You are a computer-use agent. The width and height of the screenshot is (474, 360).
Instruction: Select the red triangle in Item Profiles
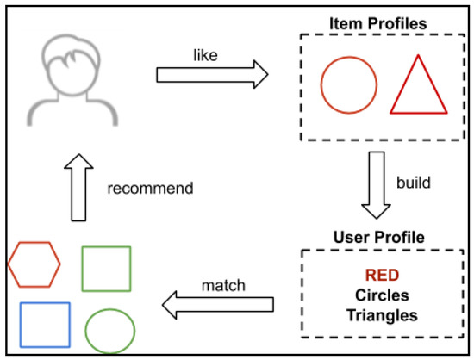(420, 89)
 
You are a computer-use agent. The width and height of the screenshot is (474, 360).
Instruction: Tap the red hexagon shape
(34, 264)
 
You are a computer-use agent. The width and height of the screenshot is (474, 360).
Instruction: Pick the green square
(106, 269)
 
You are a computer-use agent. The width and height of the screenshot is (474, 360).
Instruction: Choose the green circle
(110, 330)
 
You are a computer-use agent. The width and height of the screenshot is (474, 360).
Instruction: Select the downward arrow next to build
(377, 183)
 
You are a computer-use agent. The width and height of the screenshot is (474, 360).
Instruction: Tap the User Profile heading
(377, 234)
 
